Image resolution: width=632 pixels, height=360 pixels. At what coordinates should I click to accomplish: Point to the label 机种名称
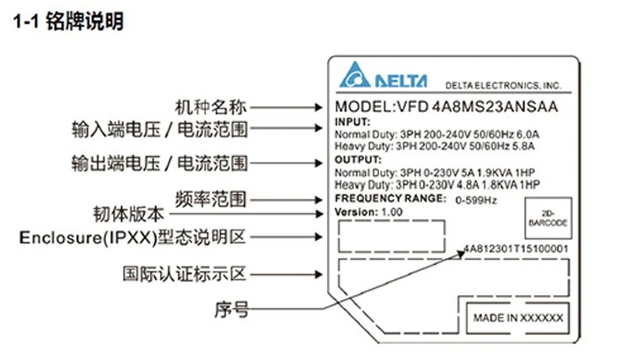211,107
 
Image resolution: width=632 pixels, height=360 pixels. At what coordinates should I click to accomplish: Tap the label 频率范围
210,199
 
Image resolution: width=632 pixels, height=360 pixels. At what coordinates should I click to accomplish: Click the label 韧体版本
126,214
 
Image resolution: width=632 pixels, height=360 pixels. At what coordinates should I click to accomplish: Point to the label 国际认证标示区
185,274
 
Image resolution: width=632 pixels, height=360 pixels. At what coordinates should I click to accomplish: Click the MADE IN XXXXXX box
516,318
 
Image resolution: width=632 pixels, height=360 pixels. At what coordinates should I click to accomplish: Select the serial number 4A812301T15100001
516,250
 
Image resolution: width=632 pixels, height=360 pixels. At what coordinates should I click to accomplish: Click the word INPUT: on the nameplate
352,122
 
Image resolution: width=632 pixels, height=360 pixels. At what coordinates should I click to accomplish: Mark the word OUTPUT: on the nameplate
358,159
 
